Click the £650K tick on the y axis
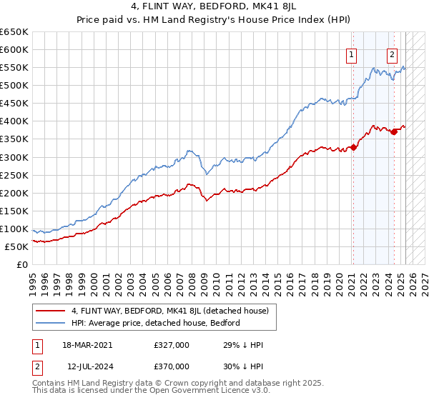14,32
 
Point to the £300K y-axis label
14,157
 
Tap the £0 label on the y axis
23,264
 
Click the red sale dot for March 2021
352,148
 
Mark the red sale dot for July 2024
394,132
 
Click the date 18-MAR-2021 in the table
88,345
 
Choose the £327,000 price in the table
172,345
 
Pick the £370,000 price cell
172,366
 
